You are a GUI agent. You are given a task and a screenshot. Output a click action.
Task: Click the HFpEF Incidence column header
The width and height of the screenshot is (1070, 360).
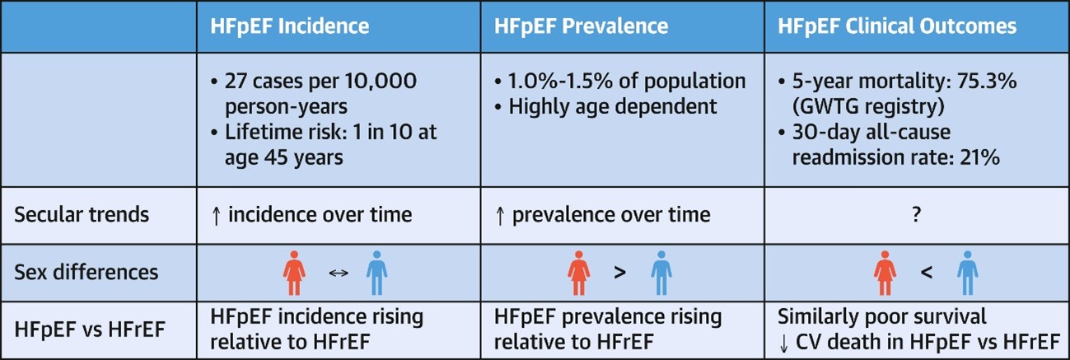point(290,26)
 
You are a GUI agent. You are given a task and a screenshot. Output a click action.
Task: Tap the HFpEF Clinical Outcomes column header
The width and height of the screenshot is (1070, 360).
point(897,26)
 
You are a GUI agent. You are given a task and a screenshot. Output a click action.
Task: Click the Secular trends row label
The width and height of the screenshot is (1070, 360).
point(82,214)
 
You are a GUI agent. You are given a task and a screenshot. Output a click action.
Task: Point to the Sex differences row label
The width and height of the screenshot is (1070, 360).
point(86,272)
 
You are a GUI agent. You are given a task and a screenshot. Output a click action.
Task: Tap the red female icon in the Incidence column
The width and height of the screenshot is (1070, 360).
point(294,273)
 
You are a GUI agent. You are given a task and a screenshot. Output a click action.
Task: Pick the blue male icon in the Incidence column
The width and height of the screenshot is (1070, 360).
point(376,273)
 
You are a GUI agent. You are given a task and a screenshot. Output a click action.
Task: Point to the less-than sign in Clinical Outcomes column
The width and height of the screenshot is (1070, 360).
point(926,273)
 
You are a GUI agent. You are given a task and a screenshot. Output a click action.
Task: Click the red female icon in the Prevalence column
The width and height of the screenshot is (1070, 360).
point(579,273)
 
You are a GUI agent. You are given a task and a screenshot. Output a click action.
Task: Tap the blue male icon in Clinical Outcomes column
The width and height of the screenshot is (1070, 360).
point(967,273)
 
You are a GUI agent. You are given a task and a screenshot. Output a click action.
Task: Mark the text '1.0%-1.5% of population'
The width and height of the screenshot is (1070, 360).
point(627,82)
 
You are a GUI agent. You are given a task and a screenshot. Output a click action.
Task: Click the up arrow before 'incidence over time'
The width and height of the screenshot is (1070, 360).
point(217,215)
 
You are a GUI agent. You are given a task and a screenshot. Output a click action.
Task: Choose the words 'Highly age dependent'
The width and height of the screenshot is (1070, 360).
point(613,107)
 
